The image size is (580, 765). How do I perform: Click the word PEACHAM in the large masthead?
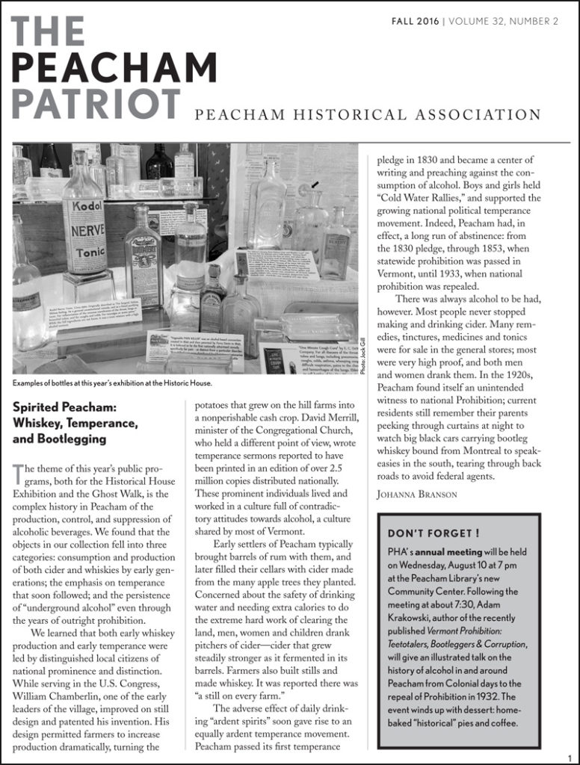click(x=114, y=68)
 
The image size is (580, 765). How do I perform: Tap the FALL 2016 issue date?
click(x=415, y=21)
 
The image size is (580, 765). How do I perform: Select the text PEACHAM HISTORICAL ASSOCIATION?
click(x=368, y=114)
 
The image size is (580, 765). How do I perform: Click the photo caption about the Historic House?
click(x=112, y=383)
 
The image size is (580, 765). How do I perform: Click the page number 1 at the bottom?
click(x=569, y=757)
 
